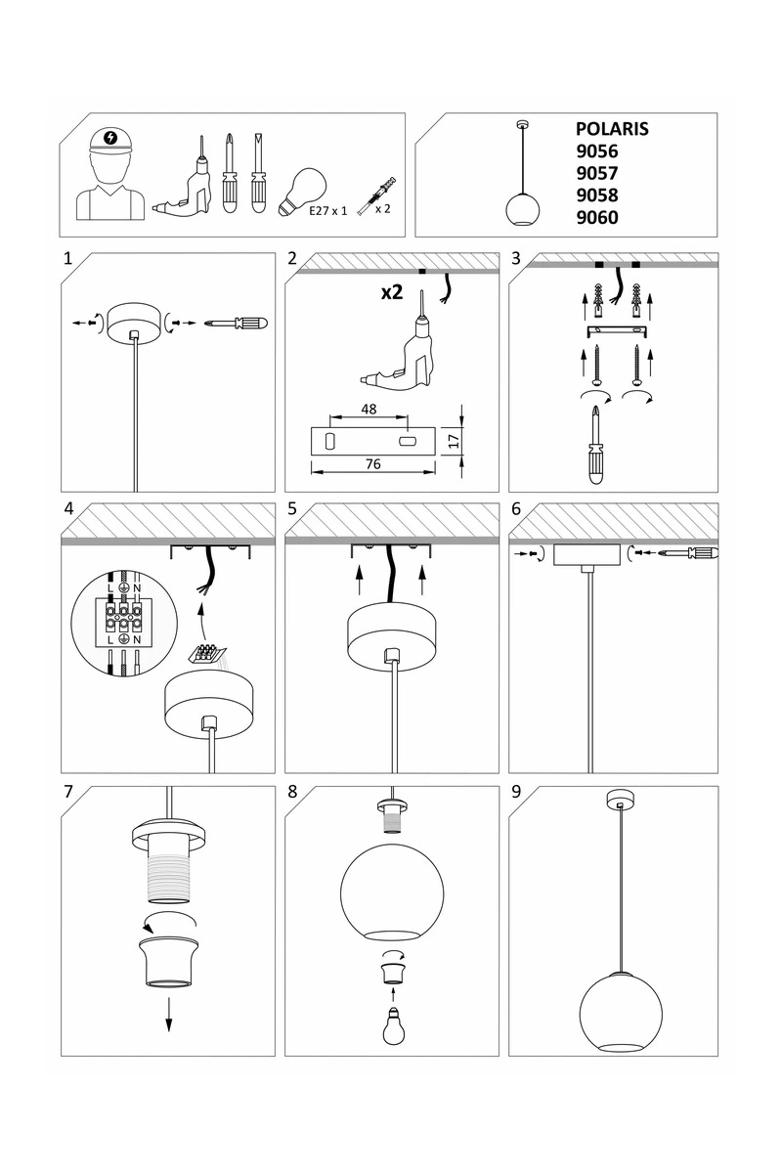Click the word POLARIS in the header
pyautogui.click(x=612, y=129)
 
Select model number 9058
pyautogui.click(x=597, y=195)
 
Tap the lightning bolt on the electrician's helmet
pyautogui.click(x=110, y=138)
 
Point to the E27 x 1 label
pyautogui.click(x=327, y=211)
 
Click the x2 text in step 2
pyautogui.click(x=392, y=292)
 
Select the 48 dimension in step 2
pyautogui.click(x=369, y=409)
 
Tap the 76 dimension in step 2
pyautogui.click(x=373, y=464)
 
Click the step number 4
pyautogui.click(x=69, y=508)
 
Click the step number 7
pyautogui.click(x=68, y=791)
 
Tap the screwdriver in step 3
pyautogui.click(x=595, y=445)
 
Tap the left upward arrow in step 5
pyautogui.click(x=359, y=582)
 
